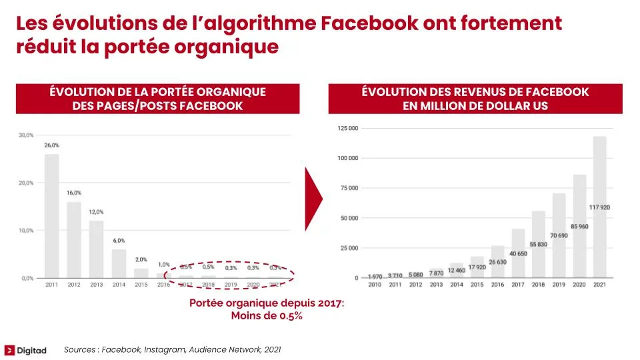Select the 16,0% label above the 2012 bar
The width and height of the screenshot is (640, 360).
pyautogui.click(x=74, y=193)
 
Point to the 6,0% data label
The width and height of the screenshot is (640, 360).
pyautogui.click(x=119, y=241)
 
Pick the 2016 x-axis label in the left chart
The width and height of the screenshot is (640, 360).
pyautogui.click(x=163, y=285)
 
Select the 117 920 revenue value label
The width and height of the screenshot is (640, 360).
pyautogui.click(x=600, y=207)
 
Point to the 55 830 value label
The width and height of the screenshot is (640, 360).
pyautogui.click(x=538, y=245)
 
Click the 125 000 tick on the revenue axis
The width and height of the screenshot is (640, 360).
pyautogui.click(x=348, y=128)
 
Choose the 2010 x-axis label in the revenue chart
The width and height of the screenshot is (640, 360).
pyautogui.click(x=374, y=285)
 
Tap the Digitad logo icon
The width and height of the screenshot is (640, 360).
pyautogui.click(x=10, y=349)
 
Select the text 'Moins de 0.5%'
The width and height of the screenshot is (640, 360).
pyautogui.click(x=267, y=316)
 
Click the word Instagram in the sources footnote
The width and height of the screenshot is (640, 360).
pyautogui.click(x=167, y=349)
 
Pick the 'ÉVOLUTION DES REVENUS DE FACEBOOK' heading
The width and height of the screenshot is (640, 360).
pyautogui.click(x=475, y=92)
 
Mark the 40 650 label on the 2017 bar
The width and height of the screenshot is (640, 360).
pyautogui.click(x=518, y=253)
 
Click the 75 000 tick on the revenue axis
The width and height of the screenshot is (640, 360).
pyautogui.click(x=350, y=188)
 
